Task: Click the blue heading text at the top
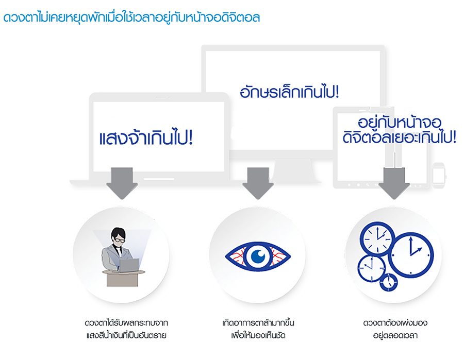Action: click(x=131, y=18)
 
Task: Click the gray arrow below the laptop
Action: click(x=121, y=184)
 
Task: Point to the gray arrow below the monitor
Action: click(x=257, y=184)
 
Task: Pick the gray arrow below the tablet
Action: click(x=394, y=184)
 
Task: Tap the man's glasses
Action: click(x=119, y=239)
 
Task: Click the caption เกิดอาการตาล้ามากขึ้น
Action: click(x=257, y=323)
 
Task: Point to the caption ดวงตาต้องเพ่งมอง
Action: click(x=395, y=323)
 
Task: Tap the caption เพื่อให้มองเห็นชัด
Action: click(x=258, y=336)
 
